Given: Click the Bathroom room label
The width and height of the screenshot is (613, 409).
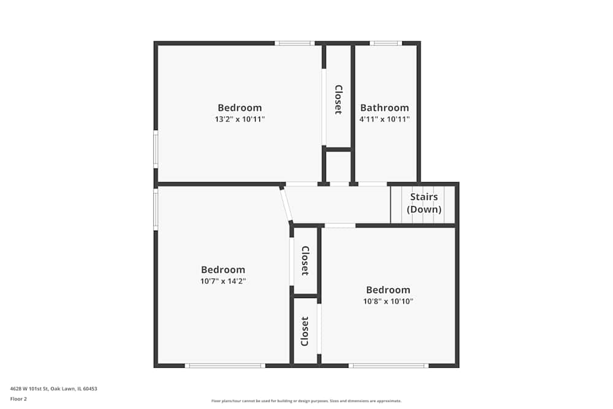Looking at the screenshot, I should click(x=384, y=108).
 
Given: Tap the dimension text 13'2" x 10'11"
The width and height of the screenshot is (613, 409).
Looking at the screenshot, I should click(x=240, y=120).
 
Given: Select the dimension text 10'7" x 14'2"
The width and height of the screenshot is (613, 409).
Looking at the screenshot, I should click(x=223, y=281).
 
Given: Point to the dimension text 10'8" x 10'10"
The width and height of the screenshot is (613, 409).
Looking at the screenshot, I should click(x=388, y=302).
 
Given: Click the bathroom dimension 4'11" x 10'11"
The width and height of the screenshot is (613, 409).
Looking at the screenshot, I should click(x=384, y=120).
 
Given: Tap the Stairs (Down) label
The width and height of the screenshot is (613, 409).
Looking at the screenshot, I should click(x=424, y=203).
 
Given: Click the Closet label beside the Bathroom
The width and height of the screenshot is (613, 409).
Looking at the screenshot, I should click(x=338, y=99).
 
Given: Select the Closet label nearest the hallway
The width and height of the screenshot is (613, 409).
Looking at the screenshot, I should click(x=305, y=261).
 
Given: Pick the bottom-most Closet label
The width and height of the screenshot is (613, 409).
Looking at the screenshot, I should click(x=305, y=331).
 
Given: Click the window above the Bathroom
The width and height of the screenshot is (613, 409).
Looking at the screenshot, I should click(x=386, y=43).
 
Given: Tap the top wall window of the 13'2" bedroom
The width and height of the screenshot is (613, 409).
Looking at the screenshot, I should click(x=294, y=43).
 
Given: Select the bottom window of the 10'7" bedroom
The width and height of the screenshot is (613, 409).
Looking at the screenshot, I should click(x=225, y=365).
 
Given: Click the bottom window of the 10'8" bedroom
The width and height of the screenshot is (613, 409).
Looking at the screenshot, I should click(x=389, y=365).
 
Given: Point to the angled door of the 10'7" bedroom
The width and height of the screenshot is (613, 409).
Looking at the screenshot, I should click(x=286, y=205).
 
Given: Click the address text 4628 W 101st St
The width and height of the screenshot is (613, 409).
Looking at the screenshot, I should click(x=53, y=388).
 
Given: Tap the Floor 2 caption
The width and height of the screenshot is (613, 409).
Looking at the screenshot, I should click(x=18, y=399).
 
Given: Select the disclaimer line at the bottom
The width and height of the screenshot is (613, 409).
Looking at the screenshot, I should click(x=306, y=401).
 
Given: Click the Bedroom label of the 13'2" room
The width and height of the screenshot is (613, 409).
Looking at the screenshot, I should click(x=240, y=108).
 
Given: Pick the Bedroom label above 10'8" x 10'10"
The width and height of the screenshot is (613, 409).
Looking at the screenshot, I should click(x=388, y=290).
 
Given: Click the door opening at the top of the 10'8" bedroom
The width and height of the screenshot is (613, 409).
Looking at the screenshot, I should click(x=340, y=226).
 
